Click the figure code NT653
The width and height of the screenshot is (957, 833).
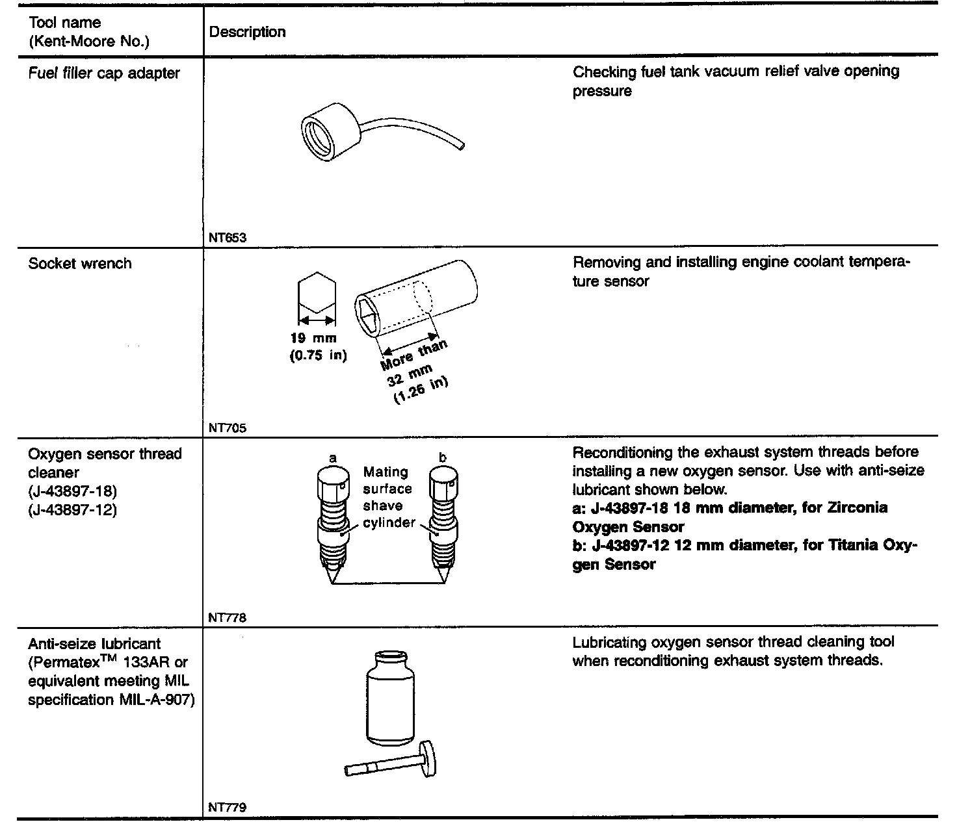tap(228, 238)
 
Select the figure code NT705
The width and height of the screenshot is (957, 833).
tap(228, 428)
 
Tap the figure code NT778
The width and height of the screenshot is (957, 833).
tap(228, 618)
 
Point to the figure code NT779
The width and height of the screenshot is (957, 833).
tap(228, 808)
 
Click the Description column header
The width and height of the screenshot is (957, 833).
tap(248, 32)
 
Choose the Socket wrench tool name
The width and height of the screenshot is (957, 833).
tap(80, 264)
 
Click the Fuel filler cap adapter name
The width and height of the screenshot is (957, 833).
tap(104, 73)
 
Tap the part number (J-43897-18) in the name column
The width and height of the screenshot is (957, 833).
tap(73, 491)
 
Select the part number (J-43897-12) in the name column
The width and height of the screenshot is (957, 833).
tap(73, 510)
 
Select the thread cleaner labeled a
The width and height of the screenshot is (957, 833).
tap(333, 520)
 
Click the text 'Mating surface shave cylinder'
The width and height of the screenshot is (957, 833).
tap(387, 497)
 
